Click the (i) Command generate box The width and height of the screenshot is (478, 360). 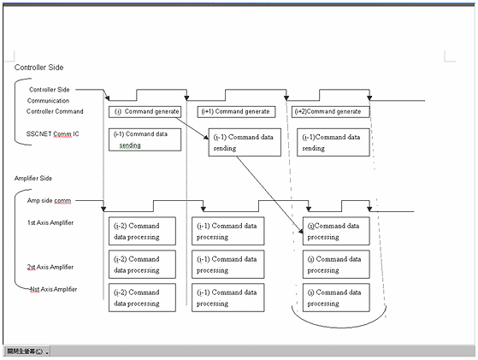point(146,112)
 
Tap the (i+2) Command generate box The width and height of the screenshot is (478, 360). point(333,112)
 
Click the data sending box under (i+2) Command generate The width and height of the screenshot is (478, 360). point(333,142)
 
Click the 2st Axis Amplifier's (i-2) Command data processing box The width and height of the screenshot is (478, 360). point(142,263)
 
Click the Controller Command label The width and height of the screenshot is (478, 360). point(55,111)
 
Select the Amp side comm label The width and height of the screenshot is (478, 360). point(50,200)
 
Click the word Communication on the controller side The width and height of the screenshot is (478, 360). point(48,100)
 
